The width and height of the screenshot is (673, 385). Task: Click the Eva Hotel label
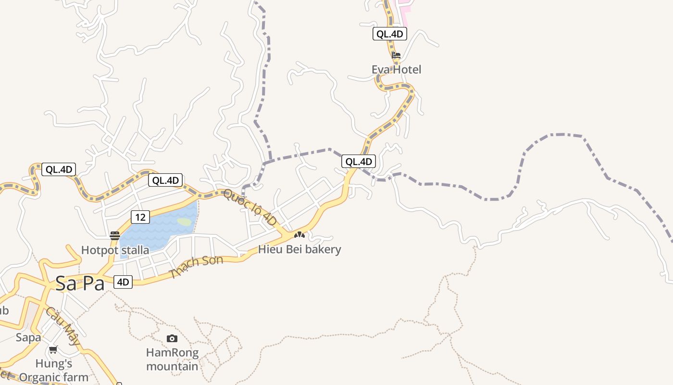(396, 70)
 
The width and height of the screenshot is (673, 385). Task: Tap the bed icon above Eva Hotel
(396, 55)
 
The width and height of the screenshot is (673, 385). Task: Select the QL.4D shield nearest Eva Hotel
(390, 34)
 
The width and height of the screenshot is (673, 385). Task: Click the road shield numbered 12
(140, 217)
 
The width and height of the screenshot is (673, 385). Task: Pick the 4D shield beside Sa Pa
(123, 282)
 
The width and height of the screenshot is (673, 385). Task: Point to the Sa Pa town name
(80, 283)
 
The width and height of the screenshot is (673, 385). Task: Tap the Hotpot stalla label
(115, 250)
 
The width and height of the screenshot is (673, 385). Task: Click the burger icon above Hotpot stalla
(115, 235)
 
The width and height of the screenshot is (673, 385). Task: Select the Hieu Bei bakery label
(299, 249)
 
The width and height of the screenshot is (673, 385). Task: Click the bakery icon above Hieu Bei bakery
(299, 235)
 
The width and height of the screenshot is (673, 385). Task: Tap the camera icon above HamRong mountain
(172, 339)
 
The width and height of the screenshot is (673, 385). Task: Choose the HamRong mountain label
(172, 359)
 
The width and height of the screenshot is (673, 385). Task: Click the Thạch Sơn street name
(197, 267)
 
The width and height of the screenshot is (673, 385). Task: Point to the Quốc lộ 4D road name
(250, 207)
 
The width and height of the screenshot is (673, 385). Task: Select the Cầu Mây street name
(63, 327)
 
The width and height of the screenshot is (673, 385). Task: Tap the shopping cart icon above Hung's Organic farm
(53, 349)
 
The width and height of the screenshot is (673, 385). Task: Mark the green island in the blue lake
(184, 222)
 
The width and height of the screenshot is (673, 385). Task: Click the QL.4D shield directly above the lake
(165, 180)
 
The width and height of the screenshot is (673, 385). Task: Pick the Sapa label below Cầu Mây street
(28, 337)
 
